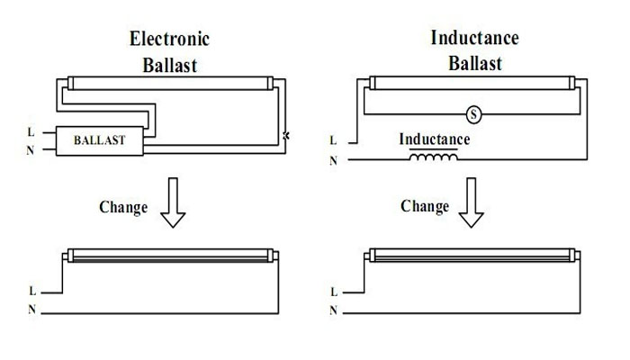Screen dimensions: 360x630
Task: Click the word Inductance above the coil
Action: coord(434,140)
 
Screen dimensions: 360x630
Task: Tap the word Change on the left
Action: coord(122,207)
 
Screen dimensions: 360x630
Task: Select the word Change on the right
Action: coord(424,207)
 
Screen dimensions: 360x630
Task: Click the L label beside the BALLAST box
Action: coord(31,132)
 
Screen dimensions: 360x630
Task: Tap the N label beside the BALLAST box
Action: coord(31,148)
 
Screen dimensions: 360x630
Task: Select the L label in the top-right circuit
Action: coord(334,141)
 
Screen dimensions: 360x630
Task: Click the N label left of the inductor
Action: coord(334,161)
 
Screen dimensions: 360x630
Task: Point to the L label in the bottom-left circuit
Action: coord(31,292)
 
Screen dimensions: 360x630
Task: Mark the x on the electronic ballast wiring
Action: coord(286,136)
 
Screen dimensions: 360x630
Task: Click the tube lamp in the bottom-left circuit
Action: coord(171,256)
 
